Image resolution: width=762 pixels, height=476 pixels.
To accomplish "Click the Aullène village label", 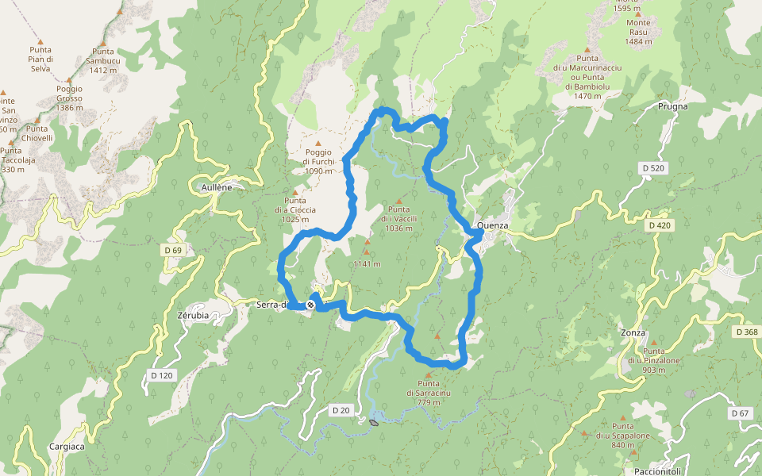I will (x=217, y=187).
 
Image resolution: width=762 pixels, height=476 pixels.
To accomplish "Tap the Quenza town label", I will (x=493, y=226).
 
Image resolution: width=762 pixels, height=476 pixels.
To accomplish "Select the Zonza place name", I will (x=633, y=333).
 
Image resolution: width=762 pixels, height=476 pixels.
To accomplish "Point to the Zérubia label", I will (x=193, y=315).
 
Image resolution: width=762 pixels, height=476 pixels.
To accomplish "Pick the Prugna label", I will (x=672, y=106).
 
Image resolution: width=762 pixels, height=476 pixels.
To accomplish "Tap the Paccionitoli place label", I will (x=644, y=470).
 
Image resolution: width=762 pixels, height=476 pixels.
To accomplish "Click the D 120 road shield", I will (x=161, y=374).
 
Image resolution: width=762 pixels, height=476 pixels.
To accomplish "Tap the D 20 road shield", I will (x=341, y=410).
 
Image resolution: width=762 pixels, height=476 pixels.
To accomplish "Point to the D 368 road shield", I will (x=746, y=332).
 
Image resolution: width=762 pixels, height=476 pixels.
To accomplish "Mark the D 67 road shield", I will (x=740, y=413).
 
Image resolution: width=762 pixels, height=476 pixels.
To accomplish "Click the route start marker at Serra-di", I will (x=311, y=305).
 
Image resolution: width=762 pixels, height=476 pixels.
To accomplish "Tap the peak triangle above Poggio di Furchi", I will (x=318, y=143).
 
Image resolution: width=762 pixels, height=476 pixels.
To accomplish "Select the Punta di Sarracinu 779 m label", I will (x=429, y=393).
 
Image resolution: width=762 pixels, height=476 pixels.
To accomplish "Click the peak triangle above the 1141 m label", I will (x=367, y=252).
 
